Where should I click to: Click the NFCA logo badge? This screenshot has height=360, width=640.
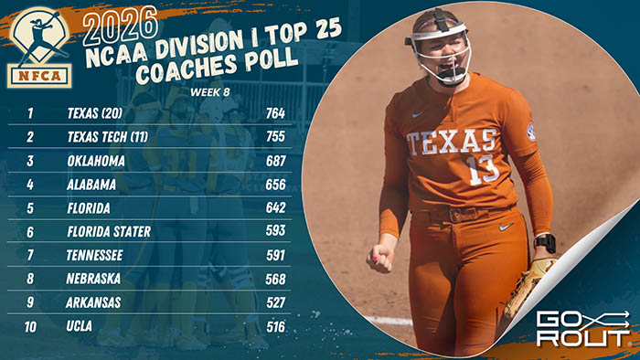click(x=40, y=47)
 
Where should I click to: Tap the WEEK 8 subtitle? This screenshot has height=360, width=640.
click(x=211, y=92)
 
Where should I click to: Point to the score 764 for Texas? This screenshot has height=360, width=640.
click(x=275, y=114)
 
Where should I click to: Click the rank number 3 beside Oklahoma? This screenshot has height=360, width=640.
click(x=30, y=160)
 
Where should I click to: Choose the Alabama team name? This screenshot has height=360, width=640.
click(x=92, y=184)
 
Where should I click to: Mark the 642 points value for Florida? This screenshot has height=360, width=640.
click(x=275, y=207)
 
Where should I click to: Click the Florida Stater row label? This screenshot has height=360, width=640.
click(x=109, y=231)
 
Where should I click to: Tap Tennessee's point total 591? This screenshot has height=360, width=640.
click(x=275, y=255)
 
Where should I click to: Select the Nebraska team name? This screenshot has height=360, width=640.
click(x=94, y=279)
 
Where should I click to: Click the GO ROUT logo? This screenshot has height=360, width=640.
click(x=582, y=327)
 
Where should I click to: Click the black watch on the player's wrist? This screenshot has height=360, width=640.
click(x=544, y=243)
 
